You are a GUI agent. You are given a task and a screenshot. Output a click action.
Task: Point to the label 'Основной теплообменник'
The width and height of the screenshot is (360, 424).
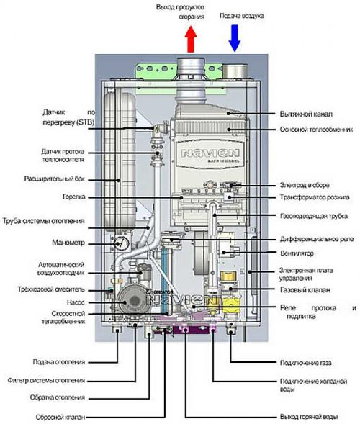[x=315, y=130]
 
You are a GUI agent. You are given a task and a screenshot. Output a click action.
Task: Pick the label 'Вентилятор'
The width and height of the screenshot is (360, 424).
[x=295, y=253]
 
